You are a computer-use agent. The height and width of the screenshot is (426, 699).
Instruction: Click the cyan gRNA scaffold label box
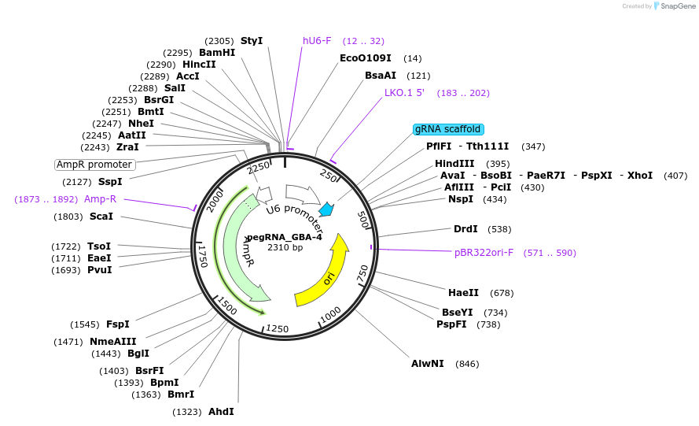pyautogui.click(x=448, y=129)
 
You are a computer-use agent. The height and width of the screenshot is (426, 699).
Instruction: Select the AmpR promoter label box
pyautogui.click(x=95, y=165)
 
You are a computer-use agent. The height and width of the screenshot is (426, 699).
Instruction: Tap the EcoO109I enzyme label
pyautogui.click(x=365, y=58)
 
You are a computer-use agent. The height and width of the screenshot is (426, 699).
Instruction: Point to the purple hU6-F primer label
pyautogui.click(x=317, y=41)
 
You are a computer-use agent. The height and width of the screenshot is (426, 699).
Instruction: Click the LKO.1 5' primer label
pyautogui.click(x=404, y=93)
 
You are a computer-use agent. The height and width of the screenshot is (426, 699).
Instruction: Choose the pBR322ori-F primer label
pyautogui.click(x=484, y=253)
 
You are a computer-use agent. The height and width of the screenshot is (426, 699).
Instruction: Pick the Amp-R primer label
pyautogui.click(x=101, y=199)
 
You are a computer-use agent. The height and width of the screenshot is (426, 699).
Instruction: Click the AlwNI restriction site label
pyautogui.click(x=428, y=364)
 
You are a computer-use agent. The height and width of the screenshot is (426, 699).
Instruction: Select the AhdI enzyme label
pyautogui.click(x=221, y=412)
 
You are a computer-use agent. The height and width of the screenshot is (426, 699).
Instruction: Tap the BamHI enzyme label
pyautogui.click(x=217, y=53)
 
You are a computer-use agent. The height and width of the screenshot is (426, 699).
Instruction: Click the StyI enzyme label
pyautogui.click(x=252, y=41)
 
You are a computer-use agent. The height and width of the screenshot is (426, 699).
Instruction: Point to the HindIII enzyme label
pyautogui.click(x=454, y=164)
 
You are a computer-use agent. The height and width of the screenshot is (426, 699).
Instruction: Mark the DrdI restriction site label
pyautogui.click(x=465, y=229)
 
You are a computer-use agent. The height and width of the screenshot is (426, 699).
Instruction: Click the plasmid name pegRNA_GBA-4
pyautogui.click(x=285, y=237)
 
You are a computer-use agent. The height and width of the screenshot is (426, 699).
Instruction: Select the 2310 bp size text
pyautogui.click(x=285, y=247)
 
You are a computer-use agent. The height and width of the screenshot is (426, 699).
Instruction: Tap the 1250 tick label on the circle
pyautogui.click(x=277, y=328)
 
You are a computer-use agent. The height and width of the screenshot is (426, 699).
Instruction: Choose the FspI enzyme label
pyautogui.click(x=118, y=324)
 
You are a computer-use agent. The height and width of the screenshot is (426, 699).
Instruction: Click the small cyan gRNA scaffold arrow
pyautogui.click(x=326, y=210)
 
